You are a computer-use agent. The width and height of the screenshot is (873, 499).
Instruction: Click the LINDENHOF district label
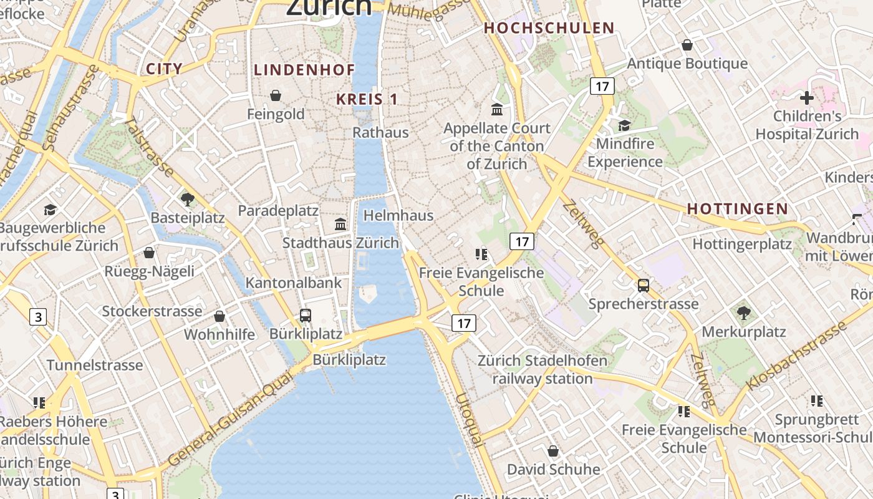[x=304, y=70]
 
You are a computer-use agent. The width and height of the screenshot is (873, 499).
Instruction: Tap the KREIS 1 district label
[x=367, y=99]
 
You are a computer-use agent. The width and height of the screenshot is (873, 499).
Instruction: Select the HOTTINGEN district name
[x=738, y=209]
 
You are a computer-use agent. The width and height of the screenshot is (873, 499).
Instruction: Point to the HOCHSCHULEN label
[x=549, y=28]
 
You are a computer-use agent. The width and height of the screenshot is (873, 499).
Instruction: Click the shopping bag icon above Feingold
[x=276, y=95]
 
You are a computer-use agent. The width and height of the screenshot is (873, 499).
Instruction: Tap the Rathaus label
[x=380, y=132]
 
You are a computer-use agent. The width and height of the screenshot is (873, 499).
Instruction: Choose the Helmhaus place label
[x=398, y=215]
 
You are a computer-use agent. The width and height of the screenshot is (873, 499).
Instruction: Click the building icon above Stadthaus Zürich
[x=340, y=224]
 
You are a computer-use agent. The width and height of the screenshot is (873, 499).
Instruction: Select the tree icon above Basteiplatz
[x=187, y=200]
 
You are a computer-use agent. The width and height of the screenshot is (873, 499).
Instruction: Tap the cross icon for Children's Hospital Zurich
[x=807, y=98]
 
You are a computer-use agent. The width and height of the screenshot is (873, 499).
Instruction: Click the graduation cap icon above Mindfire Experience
[x=624, y=125]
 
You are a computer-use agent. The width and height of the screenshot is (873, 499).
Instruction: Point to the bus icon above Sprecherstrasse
[x=644, y=286]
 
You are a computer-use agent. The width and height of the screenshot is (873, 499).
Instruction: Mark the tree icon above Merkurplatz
[x=743, y=313]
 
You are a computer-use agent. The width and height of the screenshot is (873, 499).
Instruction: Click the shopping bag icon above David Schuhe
[x=553, y=451]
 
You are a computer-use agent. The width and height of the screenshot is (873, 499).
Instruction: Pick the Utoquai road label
[x=470, y=420]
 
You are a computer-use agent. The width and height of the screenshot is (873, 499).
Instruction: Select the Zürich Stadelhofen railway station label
[x=542, y=370]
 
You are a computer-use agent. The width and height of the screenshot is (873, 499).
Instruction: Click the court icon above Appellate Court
[x=497, y=110]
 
